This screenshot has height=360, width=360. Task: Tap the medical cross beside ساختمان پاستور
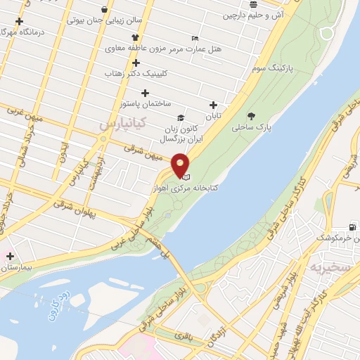pyautogui.click(x=146, y=93)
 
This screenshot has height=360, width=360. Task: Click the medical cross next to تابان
pyautogui.click(x=213, y=105)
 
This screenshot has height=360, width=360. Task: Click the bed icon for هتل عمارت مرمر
pyautogui.click(x=195, y=38)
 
